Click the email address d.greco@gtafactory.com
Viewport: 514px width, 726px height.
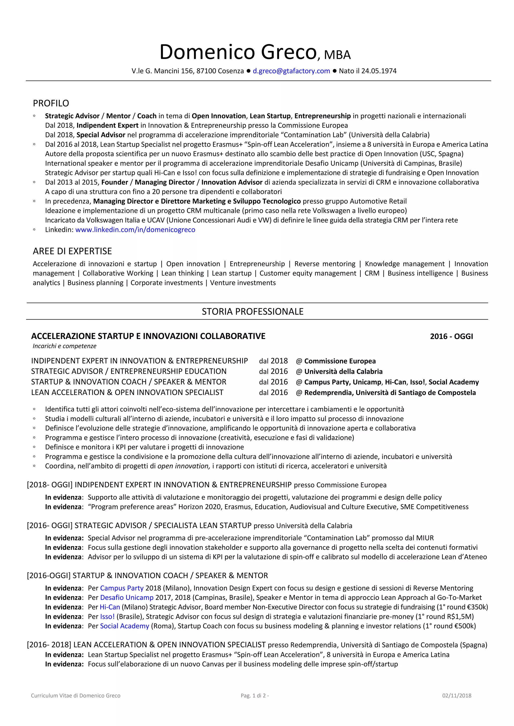[x=291, y=71]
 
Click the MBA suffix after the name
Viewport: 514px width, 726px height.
[x=337, y=55]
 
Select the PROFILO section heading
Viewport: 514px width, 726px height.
[x=51, y=103]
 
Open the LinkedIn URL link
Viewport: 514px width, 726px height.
[x=135, y=230]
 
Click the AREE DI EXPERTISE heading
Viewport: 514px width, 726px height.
[x=72, y=251]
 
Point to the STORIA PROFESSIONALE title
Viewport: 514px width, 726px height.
[x=252, y=311]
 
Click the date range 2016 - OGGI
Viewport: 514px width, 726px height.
[x=451, y=337]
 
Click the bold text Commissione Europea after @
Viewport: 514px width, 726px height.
[x=340, y=361]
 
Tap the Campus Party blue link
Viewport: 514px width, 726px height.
[x=122, y=588]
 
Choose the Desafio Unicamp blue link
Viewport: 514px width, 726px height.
[x=126, y=598]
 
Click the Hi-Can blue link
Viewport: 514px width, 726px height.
[x=110, y=607]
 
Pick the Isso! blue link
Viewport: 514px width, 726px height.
[x=107, y=617]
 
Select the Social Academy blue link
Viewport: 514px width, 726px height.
[x=124, y=626]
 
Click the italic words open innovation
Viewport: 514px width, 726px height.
[x=183, y=466]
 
